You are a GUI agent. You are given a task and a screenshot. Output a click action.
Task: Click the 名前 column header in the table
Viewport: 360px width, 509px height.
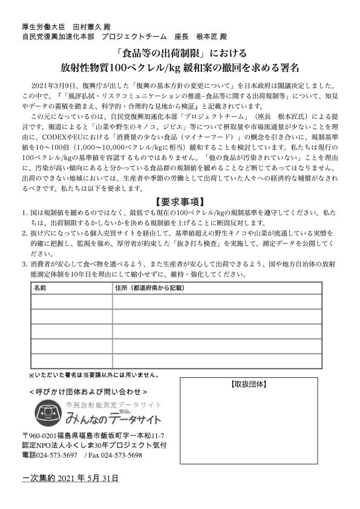41,288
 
